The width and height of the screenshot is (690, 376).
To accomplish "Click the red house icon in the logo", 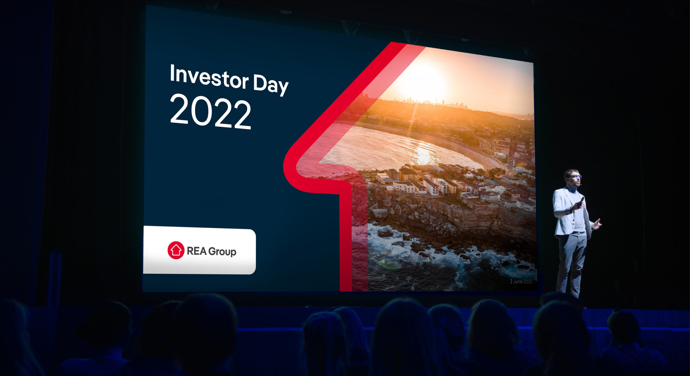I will click(x=176, y=250).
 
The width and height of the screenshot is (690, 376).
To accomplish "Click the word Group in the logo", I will click(x=222, y=252).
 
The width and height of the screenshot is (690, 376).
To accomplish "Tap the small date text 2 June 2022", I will click(x=521, y=281).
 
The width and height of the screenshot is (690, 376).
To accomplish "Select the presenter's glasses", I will click(x=575, y=177).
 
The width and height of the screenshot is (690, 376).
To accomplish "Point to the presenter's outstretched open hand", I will click(x=598, y=224).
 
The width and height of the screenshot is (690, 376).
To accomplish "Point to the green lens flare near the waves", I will click(x=389, y=264).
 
